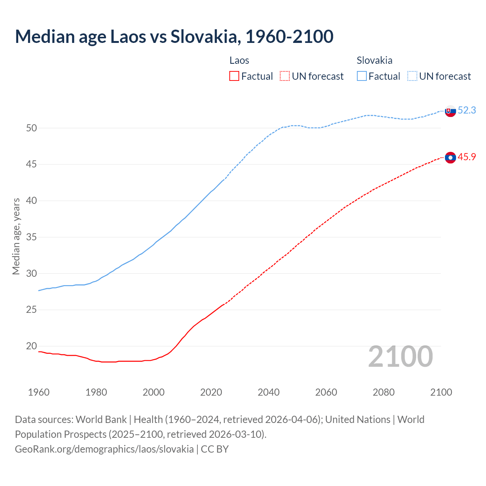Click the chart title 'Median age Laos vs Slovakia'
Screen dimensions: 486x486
point(174,36)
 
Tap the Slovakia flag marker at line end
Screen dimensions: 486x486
point(450,111)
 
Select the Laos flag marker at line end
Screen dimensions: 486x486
point(450,157)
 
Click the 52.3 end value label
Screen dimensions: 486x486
point(467,110)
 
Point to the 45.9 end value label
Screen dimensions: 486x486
point(467,157)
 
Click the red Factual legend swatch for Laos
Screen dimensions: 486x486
point(234,76)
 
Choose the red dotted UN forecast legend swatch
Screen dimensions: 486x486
point(285,76)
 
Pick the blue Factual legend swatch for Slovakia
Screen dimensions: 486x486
point(362,76)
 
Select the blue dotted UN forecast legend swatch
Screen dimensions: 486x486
point(412,76)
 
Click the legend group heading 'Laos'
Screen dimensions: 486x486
point(239,60)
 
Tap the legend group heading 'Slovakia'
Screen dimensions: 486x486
point(374,60)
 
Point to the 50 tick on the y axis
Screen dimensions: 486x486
point(32,128)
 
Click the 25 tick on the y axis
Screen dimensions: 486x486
point(32,310)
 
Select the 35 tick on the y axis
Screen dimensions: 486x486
point(32,237)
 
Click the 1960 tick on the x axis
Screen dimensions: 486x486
point(39,392)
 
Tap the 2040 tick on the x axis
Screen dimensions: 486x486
point(268,392)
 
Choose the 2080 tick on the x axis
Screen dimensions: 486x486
point(383,392)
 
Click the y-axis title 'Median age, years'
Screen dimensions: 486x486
point(16,236)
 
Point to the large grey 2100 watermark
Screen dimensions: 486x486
point(401,357)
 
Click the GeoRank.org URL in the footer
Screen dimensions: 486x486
point(104,449)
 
